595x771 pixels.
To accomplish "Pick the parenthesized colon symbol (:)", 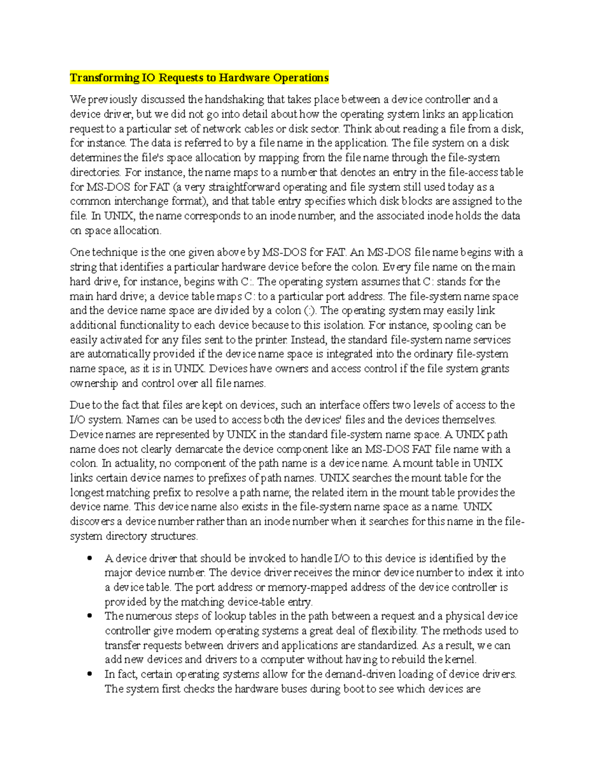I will tap(309, 311).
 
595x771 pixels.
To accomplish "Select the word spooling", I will tap(453, 326).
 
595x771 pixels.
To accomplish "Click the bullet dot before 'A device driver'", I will tap(90, 558).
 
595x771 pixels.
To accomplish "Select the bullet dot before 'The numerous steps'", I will tap(90, 616).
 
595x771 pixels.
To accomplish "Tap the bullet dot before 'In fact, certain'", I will tap(90, 674).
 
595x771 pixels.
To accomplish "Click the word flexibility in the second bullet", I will tap(387, 631).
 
